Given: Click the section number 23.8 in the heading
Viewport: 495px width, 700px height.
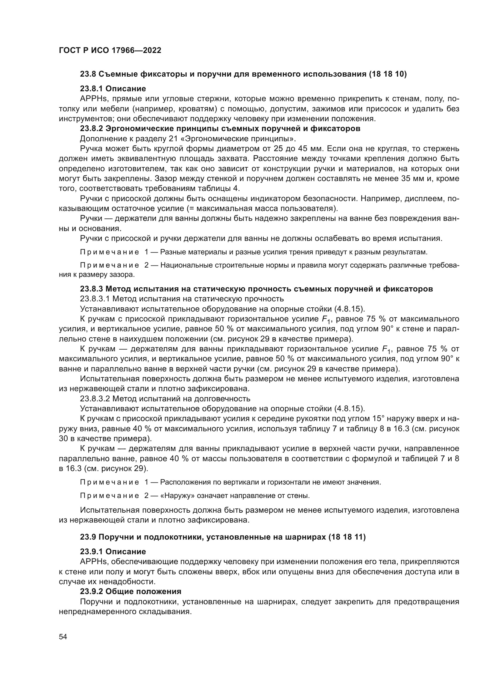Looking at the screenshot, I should pyautogui.click(x=88, y=74).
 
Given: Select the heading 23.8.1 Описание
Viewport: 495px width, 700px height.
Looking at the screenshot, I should pyautogui.click(x=113, y=89).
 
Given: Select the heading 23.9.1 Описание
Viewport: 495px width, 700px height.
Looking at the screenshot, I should pyautogui.click(x=113, y=552).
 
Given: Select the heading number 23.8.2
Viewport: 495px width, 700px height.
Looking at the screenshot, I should pyautogui.click(x=92, y=129).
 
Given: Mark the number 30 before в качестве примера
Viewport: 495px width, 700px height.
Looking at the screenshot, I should pyautogui.click(x=63, y=439).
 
